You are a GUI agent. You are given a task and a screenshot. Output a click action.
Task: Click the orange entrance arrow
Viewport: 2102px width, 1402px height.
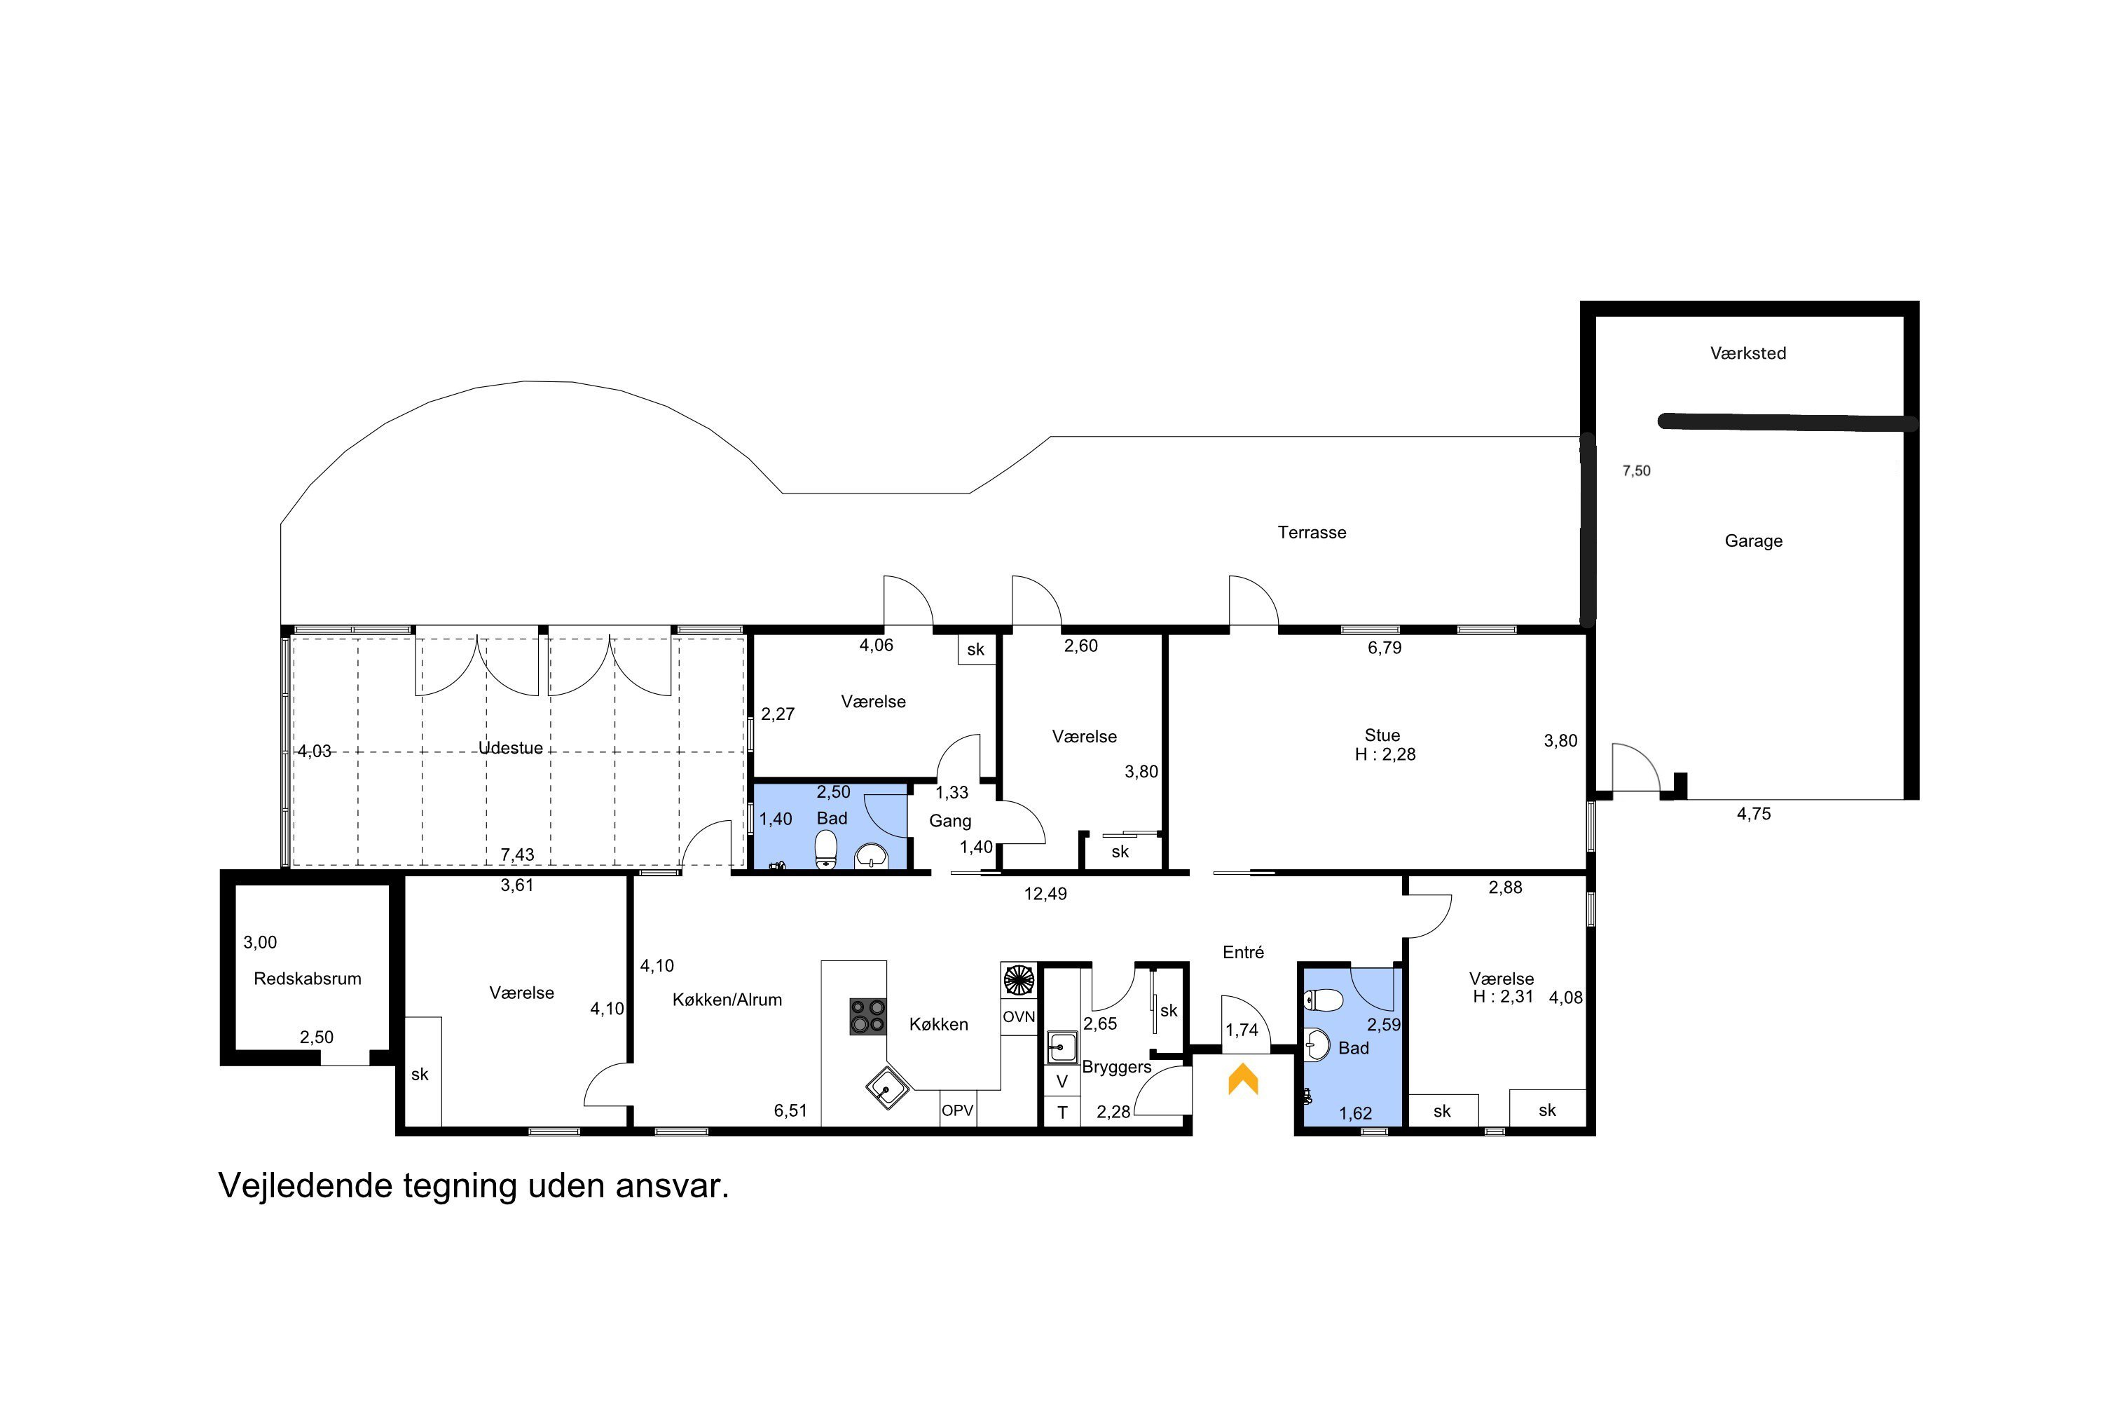[x=1242, y=1078]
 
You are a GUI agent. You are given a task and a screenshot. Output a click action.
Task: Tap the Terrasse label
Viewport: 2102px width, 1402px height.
[x=1311, y=533]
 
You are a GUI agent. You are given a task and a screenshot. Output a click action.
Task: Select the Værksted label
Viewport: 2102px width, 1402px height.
[x=1748, y=353]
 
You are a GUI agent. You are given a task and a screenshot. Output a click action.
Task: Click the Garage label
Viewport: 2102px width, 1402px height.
[x=1754, y=541]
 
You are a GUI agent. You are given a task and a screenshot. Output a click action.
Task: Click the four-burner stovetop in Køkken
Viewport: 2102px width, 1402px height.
[x=867, y=1016]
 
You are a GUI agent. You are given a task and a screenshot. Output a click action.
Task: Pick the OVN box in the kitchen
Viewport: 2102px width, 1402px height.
[x=1019, y=1016]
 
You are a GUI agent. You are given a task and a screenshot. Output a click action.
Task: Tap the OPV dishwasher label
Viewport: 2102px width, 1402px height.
[x=957, y=1110]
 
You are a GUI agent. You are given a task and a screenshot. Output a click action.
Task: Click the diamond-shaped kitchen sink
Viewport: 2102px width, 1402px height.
[x=888, y=1087]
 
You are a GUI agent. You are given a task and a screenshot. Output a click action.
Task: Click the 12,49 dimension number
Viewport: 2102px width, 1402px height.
[x=1045, y=894]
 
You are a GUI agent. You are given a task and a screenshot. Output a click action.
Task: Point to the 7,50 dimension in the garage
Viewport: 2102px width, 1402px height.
[x=1636, y=471]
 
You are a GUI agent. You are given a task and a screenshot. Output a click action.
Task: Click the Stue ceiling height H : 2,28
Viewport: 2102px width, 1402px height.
[x=1385, y=755]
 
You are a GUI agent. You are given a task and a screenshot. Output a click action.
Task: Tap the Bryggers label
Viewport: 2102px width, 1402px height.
[x=1116, y=1068]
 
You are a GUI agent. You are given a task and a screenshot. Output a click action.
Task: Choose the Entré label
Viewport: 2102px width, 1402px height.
[x=1243, y=952]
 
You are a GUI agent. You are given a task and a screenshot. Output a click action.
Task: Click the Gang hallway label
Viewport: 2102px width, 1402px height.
[x=950, y=821]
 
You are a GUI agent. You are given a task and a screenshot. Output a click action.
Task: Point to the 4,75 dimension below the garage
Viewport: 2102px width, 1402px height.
[x=1754, y=815]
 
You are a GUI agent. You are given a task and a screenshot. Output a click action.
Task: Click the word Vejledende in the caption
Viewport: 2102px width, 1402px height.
[x=305, y=1187]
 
